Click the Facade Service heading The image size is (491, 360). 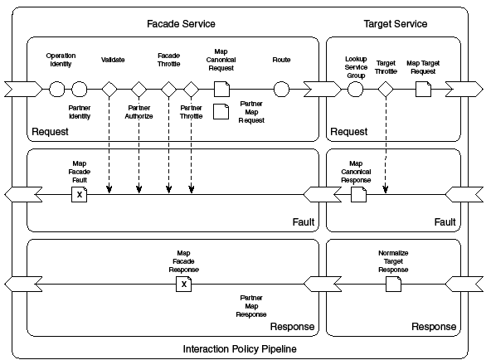tap(181, 24)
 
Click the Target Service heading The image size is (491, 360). tap(395, 24)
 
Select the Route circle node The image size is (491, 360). tap(281, 90)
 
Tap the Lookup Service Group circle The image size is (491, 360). tap(356, 90)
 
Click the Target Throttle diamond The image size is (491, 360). tap(386, 90)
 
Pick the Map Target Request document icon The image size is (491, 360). tap(423, 90)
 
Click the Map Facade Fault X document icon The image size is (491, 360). tap(80, 194)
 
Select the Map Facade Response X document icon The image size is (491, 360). tap(184, 284)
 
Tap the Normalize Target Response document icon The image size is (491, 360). tap(393, 284)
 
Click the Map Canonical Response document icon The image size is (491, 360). tap(358, 194)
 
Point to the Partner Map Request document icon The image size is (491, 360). tap(221, 112)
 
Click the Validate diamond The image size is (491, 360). tap(109, 90)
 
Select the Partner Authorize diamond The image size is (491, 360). tap(139, 90)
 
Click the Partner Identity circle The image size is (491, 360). tap(80, 90)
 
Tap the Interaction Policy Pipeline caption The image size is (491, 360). tap(240, 349)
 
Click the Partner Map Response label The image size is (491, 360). tap(251, 306)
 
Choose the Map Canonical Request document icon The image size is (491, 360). tap(221, 90)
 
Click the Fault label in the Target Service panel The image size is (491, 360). tap(445, 222)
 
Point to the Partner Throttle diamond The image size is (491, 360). tap(191, 90)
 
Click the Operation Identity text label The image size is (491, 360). tap(61, 60)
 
